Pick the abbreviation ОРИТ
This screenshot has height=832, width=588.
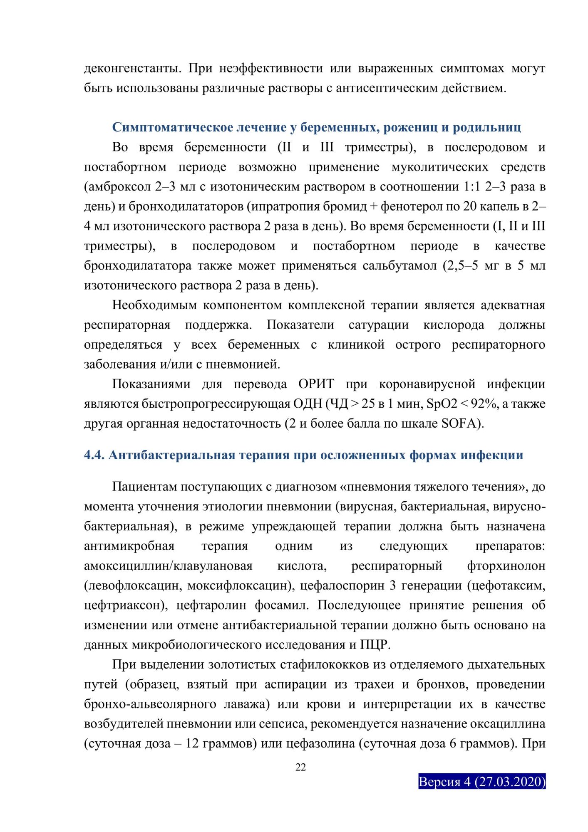point(316,384)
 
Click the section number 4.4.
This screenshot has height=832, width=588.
point(94,456)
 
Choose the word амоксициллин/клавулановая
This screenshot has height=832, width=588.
point(168,566)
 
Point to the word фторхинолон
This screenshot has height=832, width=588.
point(506,566)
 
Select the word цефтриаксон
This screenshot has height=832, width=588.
point(124,605)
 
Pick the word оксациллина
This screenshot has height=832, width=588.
point(508,724)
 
